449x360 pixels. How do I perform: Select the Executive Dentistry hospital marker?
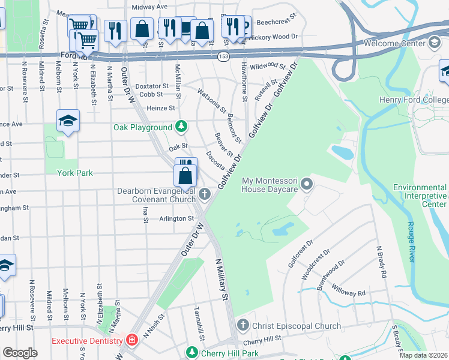(131, 341)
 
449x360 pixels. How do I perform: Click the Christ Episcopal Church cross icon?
(243, 326)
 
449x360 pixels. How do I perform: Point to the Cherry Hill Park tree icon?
(193, 353)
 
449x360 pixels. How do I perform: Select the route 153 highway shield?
(223, 55)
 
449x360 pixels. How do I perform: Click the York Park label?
(74, 173)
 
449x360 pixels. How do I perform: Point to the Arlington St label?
(176, 219)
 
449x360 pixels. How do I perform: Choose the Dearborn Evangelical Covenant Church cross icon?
(205, 194)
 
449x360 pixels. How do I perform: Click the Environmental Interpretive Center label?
(420, 196)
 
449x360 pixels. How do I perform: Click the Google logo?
(20, 353)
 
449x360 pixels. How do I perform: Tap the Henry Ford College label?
(414, 100)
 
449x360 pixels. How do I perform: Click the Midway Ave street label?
(149, 7)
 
